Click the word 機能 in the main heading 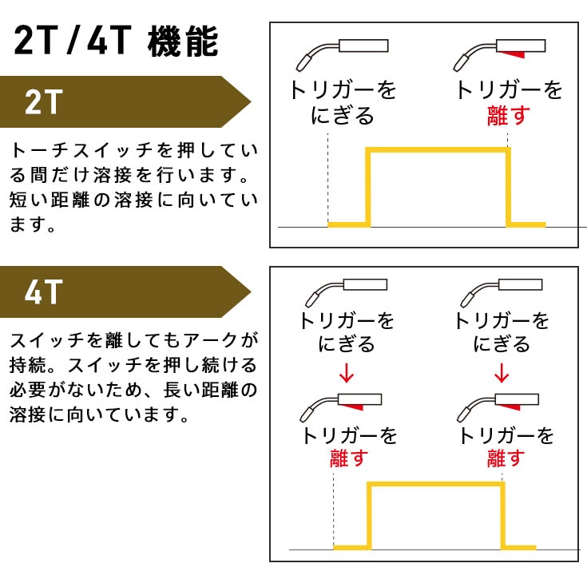pyautogui.click(x=183, y=42)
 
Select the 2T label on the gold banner pyautogui.click(x=43, y=101)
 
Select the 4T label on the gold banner pyautogui.click(x=43, y=292)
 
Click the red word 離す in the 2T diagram pyautogui.click(x=509, y=116)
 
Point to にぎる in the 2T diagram pyautogui.click(x=342, y=116)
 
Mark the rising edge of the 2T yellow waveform pyautogui.click(x=367, y=188)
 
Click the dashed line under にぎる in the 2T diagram pyautogui.click(x=328, y=176)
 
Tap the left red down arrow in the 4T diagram pyautogui.click(x=346, y=372)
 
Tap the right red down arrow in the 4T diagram pyautogui.click(x=502, y=372)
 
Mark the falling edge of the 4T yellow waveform pyautogui.click(x=502, y=515)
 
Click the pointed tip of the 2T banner pyautogui.click(x=250, y=101)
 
